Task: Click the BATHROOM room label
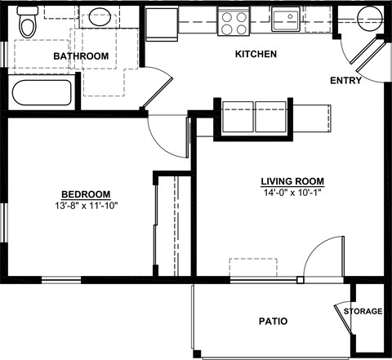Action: pos(81,56)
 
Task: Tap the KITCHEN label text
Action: pos(256,55)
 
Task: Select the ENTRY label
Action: pos(347,81)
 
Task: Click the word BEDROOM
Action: pos(86,193)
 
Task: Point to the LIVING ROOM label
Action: pos(292,181)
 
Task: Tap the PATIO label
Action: pos(273,322)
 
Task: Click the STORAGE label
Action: pos(363,312)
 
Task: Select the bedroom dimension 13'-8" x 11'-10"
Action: pos(86,205)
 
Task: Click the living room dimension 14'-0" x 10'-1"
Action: pos(292,193)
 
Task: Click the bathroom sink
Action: pos(100,18)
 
